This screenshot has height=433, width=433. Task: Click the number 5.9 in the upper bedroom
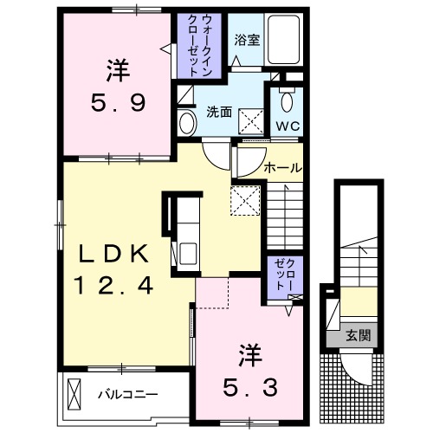click(119, 102)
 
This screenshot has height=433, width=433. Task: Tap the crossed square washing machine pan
click(251, 117)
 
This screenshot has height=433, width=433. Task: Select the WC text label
click(287, 124)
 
